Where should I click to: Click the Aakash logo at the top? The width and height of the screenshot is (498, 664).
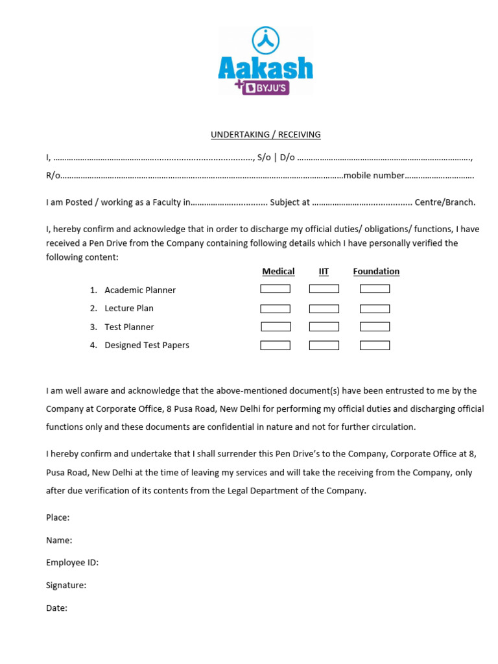coord(265,62)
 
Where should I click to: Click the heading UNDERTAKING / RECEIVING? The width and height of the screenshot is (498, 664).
coord(265,135)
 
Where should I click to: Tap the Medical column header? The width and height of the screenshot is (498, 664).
coord(278,272)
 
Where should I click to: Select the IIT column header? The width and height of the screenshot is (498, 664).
coord(324,272)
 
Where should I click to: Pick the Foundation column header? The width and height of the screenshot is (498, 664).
coord(376,272)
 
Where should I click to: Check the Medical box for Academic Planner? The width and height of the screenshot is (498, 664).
coord(276,289)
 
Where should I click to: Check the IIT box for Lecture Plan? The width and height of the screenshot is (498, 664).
coord(324,309)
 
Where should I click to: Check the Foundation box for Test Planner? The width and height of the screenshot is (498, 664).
coord(375,327)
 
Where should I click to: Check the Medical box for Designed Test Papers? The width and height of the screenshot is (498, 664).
coord(276,346)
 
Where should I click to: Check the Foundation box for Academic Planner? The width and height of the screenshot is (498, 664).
coord(375,289)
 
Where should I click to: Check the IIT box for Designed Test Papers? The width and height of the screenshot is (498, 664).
coord(324,346)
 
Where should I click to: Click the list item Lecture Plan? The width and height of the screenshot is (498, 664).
coord(129,309)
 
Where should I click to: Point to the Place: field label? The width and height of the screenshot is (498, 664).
coord(58,517)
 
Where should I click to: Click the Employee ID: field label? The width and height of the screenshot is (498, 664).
coord(72,563)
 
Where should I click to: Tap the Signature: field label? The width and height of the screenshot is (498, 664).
coord(66,586)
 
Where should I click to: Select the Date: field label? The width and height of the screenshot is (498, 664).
coord(56,608)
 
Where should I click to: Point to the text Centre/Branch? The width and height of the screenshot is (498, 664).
coord(445,202)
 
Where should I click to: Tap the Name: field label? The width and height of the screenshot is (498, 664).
coord(59,540)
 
